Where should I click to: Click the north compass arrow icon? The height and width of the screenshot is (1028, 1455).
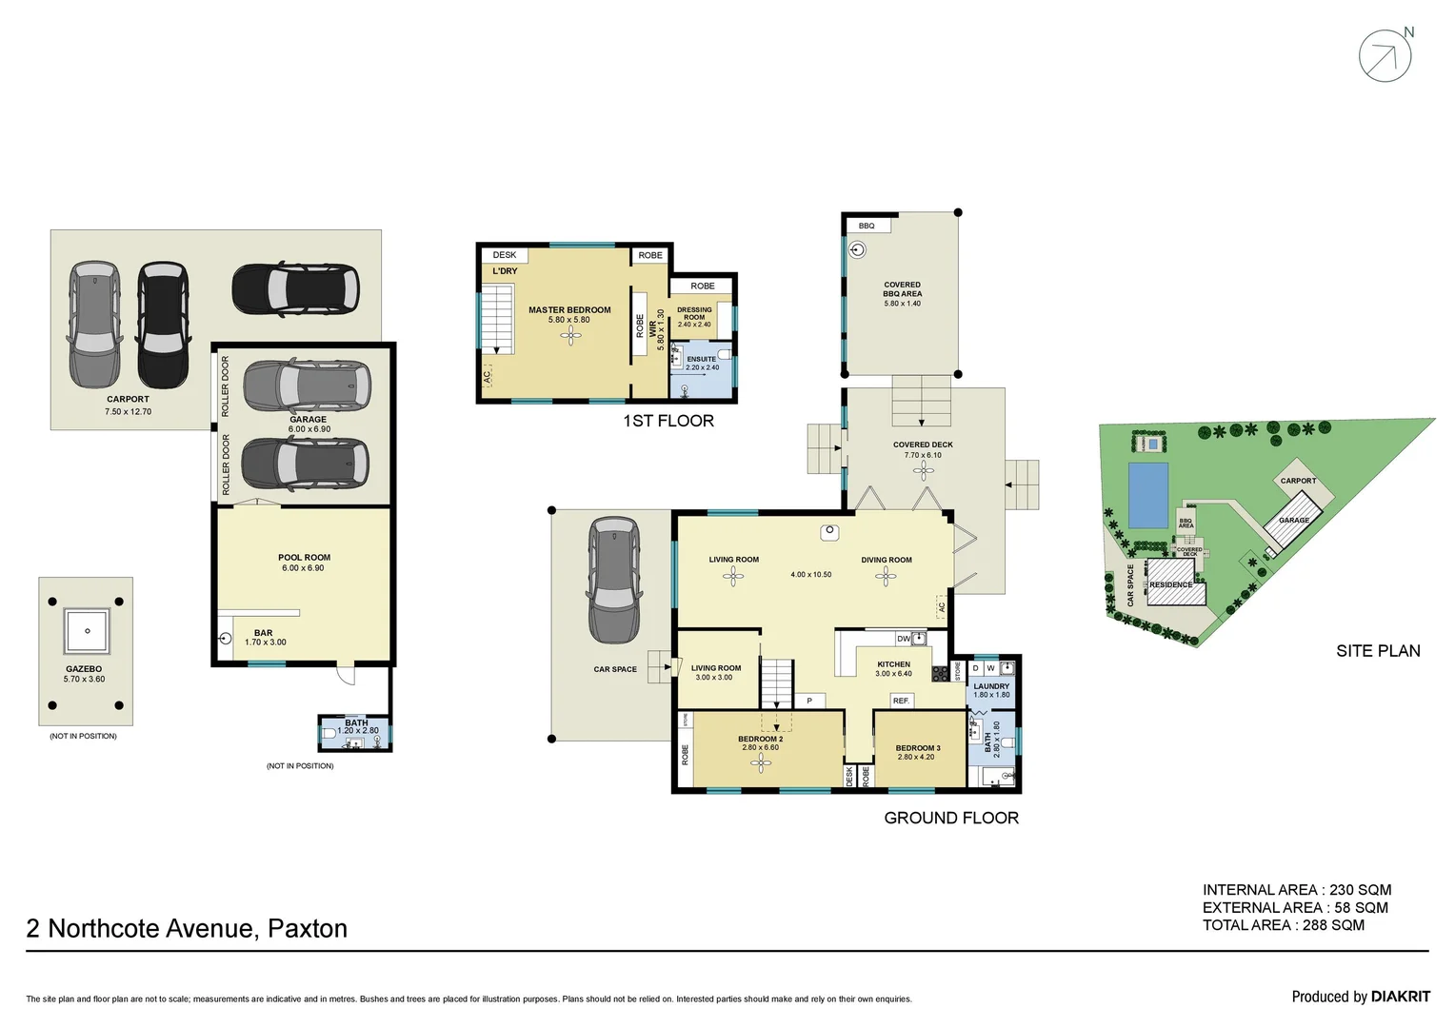pos(1385,55)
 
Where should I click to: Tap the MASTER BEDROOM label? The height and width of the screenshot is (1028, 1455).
pos(569,310)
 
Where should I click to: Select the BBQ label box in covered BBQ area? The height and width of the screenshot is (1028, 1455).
pos(867,226)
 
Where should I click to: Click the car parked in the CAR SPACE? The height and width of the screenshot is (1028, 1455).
pos(613,581)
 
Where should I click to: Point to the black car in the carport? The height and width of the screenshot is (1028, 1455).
pos(162,324)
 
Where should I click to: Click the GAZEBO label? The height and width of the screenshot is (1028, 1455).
pos(84,669)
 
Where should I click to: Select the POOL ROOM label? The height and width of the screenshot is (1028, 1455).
pos(304,558)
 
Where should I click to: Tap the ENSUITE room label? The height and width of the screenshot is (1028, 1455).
pos(702,360)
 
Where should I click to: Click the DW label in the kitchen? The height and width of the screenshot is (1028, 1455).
pos(903,639)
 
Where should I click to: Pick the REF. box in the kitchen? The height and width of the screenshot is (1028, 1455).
pos(901,701)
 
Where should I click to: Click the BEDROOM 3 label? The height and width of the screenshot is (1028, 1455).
pos(917,748)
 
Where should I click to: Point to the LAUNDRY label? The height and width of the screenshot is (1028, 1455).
pos(991,686)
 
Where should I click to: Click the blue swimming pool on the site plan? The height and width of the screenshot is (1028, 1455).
pos(1147,494)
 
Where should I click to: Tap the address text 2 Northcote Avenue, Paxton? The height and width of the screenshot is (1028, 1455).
pos(187,928)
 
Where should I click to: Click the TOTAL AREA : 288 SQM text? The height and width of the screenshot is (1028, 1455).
pos(1283,925)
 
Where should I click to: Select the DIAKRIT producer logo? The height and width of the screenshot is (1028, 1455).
pos(1400,997)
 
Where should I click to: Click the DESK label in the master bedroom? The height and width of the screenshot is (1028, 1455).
pos(505,255)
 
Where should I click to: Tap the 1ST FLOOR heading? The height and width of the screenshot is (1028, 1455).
pos(668,421)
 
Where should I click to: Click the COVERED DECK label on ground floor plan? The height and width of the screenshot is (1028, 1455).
pos(922,445)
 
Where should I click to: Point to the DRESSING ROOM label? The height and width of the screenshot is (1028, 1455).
pos(694,313)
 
